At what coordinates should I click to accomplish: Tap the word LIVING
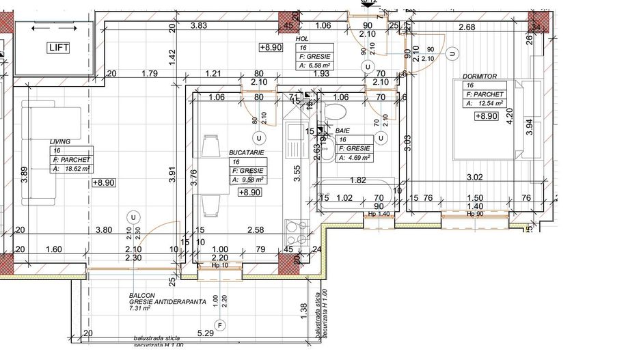point(60,141)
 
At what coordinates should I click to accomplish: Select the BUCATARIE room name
point(247,153)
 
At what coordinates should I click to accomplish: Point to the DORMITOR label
point(479,77)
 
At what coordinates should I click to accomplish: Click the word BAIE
point(342,130)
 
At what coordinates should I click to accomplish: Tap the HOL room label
point(302,39)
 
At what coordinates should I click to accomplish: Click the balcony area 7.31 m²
point(139,309)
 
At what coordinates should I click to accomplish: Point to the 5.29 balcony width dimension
point(205,333)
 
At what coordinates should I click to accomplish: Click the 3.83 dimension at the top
point(199,25)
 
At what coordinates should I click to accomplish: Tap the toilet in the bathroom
point(336,113)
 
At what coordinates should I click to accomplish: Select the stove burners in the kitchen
point(295,232)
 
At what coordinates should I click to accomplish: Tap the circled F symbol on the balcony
point(219,324)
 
